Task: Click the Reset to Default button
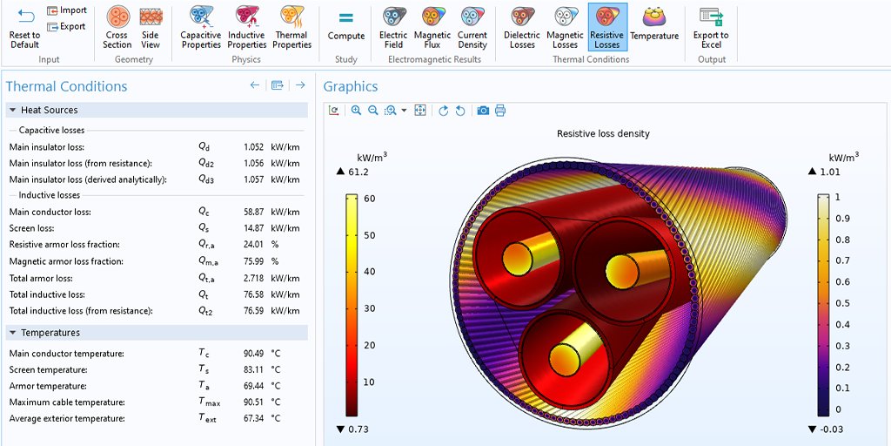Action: [x=24, y=27]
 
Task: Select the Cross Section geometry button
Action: [x=117, y=27]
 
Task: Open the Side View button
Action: [x=151, y=27]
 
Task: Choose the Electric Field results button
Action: [x=393, y=27]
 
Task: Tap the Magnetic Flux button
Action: [x=432, y=27]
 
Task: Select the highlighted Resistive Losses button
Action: [x=606, y=27]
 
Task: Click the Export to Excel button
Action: [x=711, y=27]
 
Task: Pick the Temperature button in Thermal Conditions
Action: [x=654, y=24]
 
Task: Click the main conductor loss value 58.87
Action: [x=253, y=212]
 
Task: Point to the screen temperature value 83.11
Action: [x=253, y=369]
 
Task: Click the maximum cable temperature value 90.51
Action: [x=253, y=402]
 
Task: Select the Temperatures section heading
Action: [x=50, y=333]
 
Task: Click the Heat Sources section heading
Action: [x=49, y=111]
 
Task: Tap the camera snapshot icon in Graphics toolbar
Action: [x=483, y=111]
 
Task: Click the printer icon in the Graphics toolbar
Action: [x=499, y=111]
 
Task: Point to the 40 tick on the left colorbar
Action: [x=369, y=272]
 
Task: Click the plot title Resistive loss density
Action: [x=603, y=134]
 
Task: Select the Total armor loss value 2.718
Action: [x=253, y=278]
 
